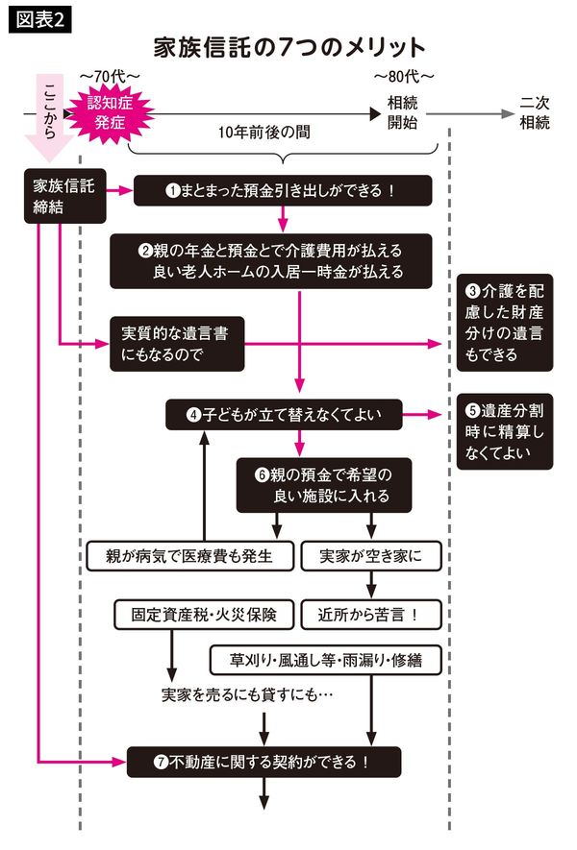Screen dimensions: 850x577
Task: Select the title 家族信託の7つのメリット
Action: point(288,47)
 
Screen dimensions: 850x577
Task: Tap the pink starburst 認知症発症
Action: point(113,112)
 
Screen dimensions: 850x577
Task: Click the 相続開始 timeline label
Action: point(403,112)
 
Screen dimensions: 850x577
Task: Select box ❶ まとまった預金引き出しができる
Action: point(283,190)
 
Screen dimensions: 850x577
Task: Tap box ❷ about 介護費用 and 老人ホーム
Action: point(283,260)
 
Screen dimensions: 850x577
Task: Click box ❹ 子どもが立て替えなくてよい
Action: point(283,415)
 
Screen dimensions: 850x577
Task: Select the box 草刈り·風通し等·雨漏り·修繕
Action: point(324,660)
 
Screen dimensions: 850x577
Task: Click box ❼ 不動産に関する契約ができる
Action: point(263,762)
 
